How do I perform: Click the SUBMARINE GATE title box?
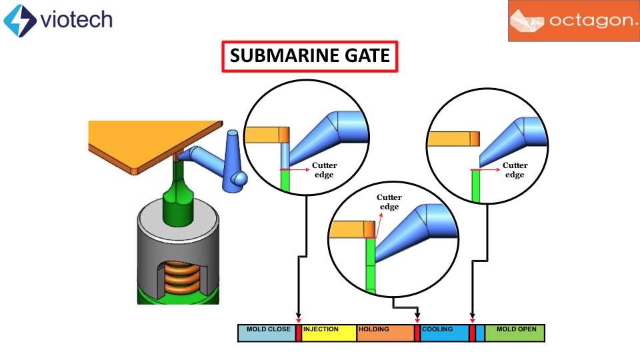coord(309,56)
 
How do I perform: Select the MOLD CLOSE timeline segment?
coord(266,333)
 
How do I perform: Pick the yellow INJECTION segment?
coord(329,333)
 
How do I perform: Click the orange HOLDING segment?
coord(385,333)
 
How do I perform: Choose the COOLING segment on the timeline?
coord(444,333)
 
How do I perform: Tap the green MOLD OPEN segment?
coord(515,333)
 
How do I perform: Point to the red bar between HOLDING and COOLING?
coord(417,333)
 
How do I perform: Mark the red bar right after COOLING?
coord(472,333)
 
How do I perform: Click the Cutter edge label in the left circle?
coord(325,170)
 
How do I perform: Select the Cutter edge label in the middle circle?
coord(389,202)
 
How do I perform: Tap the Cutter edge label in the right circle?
coord(515,170)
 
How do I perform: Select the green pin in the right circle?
coord(476,186)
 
